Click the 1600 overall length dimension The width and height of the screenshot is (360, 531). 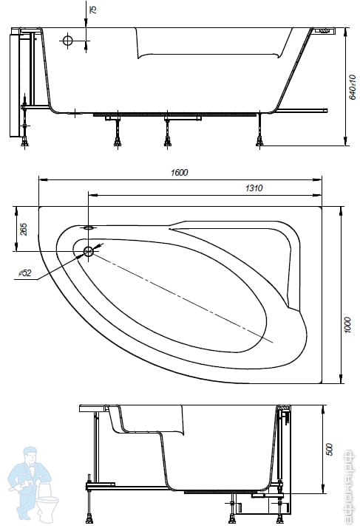point(179,172)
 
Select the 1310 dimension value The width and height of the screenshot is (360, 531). point(254,188)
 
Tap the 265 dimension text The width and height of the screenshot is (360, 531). point(24,229)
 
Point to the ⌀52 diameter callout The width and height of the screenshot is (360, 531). point(24,273)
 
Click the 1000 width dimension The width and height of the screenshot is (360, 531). point(347,326)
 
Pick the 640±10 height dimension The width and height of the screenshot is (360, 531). point(353,87)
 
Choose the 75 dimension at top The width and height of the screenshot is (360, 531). point(92,10)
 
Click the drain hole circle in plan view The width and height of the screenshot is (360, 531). point(89,251)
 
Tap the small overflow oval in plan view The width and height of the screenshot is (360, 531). point(89,227)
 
